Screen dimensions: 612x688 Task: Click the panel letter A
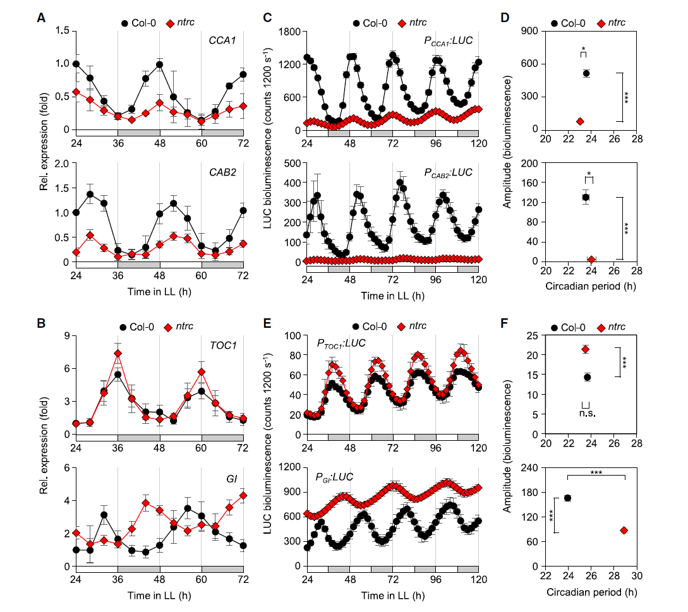click(x=41, y=18)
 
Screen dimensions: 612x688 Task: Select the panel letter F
click(x=504, y=325)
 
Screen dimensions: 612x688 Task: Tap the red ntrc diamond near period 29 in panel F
click(x=624, y=531)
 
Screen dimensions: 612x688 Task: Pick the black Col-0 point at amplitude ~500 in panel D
click(x=586, y=73)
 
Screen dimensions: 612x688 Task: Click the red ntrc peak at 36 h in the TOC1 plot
click(x=118, y=353)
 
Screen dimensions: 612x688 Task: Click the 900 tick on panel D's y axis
click(x=529, y=31)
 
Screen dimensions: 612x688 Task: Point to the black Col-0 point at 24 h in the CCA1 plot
click(x=76, y=64)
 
